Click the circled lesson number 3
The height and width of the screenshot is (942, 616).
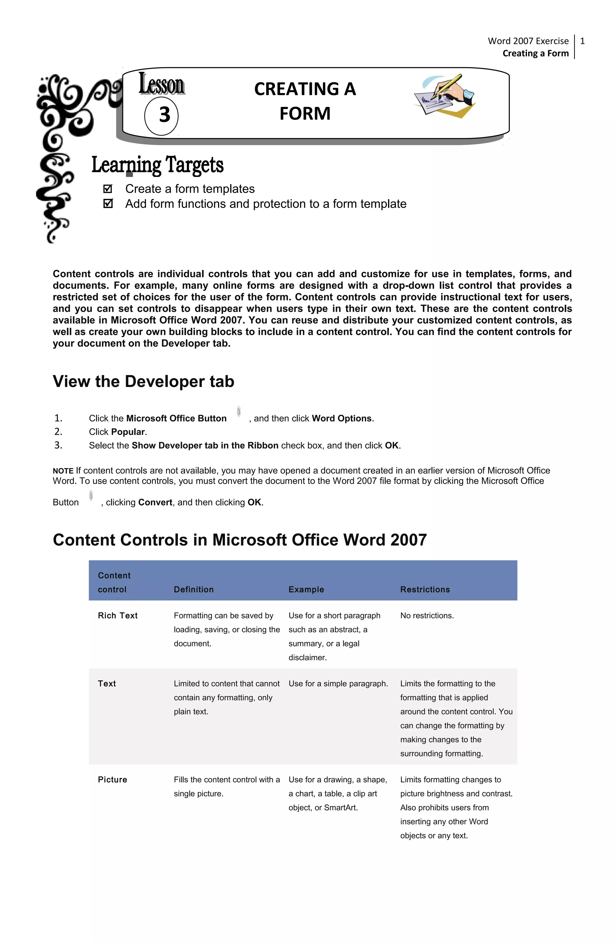[x=162, y=115]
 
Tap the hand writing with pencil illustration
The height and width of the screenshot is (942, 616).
[x=445, y=95]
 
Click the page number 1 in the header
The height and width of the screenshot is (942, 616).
[x=582, y=41]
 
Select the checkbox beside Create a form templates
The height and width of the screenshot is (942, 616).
[x=108, y=189]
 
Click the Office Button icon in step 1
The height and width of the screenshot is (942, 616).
[x=239, y=412]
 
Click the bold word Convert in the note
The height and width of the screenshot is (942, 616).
[x=155, y=502]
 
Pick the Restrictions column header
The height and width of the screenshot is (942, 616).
[x=425, y=589]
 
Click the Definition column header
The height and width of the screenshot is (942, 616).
[x=194, y=589]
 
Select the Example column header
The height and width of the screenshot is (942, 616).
[x=306, y=589]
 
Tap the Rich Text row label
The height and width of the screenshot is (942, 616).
[x=118, y=615]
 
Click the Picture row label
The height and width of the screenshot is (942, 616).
[x=112, y=780]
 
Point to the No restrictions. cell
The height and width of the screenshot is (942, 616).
[x=427, y=615]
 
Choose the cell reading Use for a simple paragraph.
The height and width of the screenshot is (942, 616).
[x=338, y=684]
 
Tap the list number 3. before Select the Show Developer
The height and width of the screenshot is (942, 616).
[x=58, y=445]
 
